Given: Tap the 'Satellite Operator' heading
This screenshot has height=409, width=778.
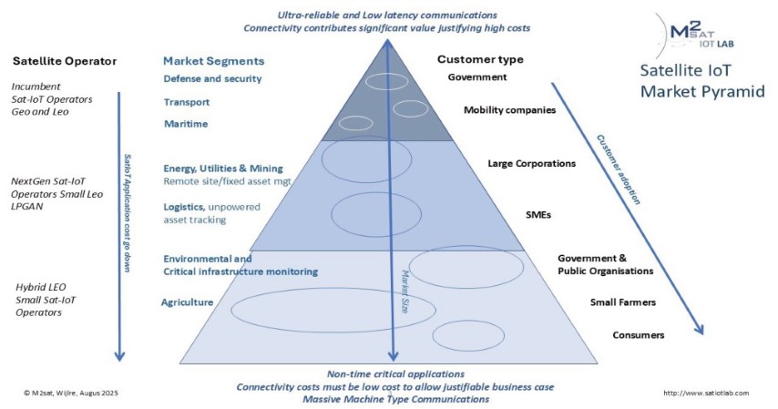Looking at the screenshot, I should click(x=65, y=61).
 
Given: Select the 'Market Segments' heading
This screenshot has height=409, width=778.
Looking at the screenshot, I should click(x=213, y=61).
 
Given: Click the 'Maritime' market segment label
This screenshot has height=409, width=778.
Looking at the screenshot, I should click(x=183, y=123).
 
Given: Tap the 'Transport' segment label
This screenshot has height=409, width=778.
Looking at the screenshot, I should click(x=187, y=102).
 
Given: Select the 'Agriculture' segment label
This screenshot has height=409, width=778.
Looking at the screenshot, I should click(x=188, y=302).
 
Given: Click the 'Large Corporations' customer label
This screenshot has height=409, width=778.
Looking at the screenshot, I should click(x=532, y=164).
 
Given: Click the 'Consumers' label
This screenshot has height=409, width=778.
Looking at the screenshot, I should click(x=638, y=335).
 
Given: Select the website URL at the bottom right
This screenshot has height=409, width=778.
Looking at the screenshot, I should click(x=705, y=393).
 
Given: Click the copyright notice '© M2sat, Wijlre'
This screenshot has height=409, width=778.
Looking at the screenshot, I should click(x=70, y=393).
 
